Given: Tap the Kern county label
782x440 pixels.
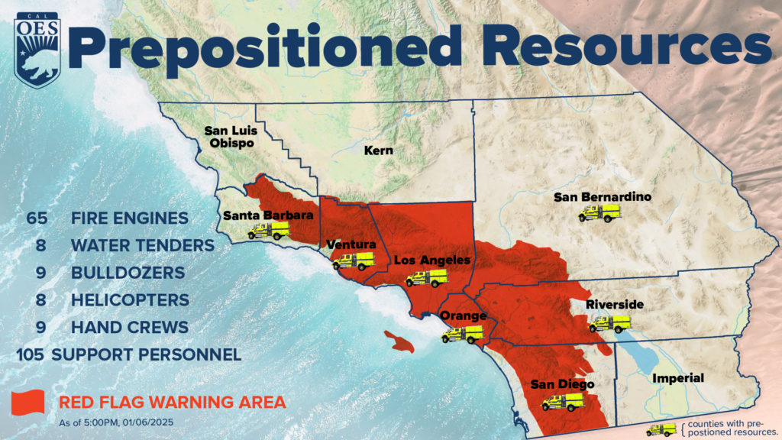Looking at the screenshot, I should point(378,150).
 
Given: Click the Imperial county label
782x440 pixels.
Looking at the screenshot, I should point(677,378).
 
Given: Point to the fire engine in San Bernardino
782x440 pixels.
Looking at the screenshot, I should point(599,213).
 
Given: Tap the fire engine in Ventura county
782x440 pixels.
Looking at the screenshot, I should point(352,261).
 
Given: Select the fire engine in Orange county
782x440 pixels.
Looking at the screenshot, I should point(463,334).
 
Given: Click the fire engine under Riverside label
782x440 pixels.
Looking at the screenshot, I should point(609,323).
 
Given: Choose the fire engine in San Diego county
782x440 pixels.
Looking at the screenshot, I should point(563,402).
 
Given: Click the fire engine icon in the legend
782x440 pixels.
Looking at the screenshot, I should point(661,429).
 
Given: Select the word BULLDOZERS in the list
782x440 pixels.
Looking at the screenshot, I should point(128,273).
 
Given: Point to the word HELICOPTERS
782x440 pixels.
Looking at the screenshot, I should point(130,300).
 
